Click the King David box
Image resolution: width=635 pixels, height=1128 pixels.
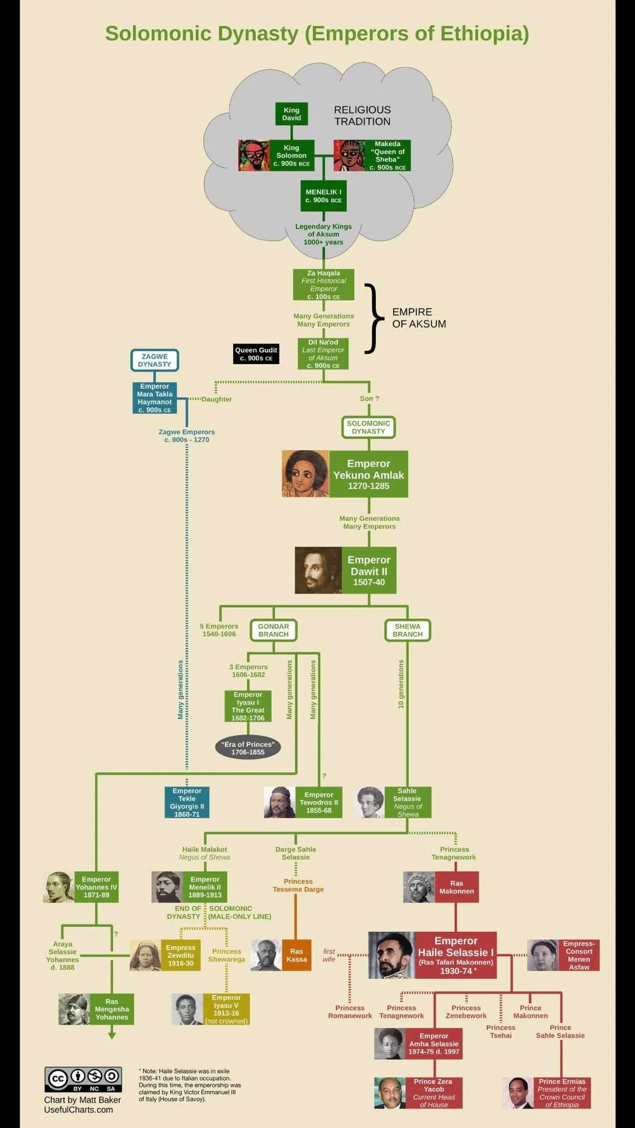[x=291, y=114]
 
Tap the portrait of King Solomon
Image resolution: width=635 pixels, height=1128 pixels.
[x=254, y=155]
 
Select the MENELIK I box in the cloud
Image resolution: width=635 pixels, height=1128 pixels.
[x=323, y=196]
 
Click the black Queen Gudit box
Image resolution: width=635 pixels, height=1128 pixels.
[x=256, y=354]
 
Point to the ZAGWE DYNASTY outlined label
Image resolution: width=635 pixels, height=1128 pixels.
[x=154, y=360]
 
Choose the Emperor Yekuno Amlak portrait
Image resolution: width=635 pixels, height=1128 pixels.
[x=305, y=474]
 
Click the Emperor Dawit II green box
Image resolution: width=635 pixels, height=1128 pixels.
[x=369, y=570]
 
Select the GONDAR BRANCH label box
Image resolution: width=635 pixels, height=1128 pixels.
[x=273, y=630]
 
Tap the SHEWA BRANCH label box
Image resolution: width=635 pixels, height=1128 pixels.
[x=408, y=630]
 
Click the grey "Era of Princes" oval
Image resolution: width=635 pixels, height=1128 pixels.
[x=248, y=748]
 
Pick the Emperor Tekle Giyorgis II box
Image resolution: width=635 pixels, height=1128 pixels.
[x=187, y=803]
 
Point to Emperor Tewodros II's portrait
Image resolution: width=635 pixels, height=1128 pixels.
[x=279, y=803]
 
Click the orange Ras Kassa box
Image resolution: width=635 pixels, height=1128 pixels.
[x=297, y=955]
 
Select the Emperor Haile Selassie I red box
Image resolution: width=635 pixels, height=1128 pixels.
[x=455, y=955]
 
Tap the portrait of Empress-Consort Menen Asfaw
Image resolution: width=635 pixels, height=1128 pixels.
[x=542, y=955]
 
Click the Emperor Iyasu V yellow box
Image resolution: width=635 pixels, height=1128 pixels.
[x=226, y=1009]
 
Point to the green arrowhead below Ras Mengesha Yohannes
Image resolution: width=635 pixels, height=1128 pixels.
[x=112, y=1035]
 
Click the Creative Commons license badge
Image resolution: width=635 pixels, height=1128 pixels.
[x=83, y=1079]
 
